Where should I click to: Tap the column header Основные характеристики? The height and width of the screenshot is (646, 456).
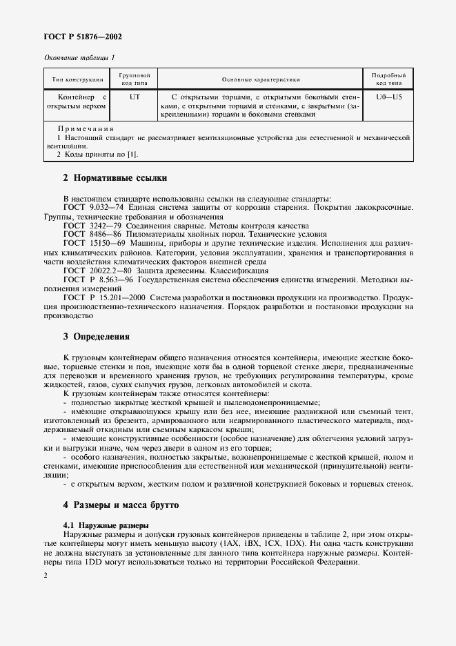click(260, 79)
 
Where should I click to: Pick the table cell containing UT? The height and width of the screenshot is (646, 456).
click(135, 98)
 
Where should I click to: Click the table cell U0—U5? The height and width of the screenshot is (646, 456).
click(388, 98)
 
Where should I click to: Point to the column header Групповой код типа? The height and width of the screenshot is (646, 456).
click(135, 79)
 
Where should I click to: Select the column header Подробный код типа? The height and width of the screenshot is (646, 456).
click(388, 79)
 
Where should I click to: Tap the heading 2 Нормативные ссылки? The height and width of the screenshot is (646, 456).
click(115, 178)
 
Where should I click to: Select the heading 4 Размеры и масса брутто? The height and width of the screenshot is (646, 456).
click(120, 505)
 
